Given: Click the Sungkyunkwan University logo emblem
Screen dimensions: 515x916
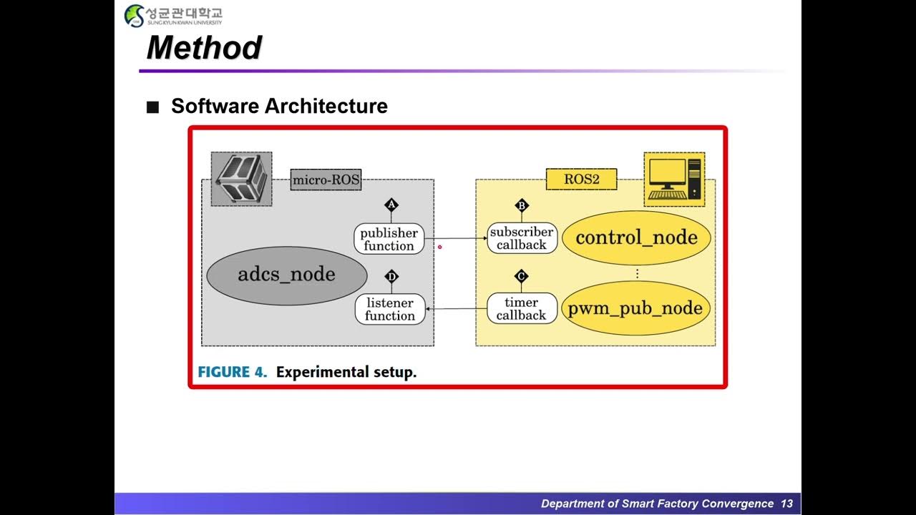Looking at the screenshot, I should [134, 15].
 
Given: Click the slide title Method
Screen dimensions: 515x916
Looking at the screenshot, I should [204, 48].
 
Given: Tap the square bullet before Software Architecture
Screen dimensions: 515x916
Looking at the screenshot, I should [152, 107].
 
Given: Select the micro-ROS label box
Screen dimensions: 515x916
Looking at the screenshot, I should [326, 180].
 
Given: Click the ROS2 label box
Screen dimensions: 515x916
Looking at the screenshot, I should [581, 179].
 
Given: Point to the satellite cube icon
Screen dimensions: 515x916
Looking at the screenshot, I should [242, 179].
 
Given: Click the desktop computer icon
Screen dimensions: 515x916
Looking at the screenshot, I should [674, 179].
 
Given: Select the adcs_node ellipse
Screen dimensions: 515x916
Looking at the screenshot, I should [286, 275].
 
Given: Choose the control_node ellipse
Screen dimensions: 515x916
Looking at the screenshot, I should [636, 238].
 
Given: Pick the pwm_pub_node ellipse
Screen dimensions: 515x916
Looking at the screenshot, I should [636, 309].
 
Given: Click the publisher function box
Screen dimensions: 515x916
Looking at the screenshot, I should [389, 239].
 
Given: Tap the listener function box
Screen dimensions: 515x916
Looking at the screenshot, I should [390, 309].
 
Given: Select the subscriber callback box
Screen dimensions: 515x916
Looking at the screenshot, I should [522, 238].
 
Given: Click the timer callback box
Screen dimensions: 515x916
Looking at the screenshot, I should [522, 308].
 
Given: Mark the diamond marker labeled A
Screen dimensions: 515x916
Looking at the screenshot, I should [391, 205].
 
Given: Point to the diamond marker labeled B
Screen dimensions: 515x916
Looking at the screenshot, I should [522, 206].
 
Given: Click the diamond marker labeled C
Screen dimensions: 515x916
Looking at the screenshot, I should [522, 276].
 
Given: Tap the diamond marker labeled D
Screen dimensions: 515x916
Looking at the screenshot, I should [391, 277].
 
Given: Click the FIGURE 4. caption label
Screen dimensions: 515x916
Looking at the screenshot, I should [233, 372].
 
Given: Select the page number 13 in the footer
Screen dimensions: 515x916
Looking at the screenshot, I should [786, 504].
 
